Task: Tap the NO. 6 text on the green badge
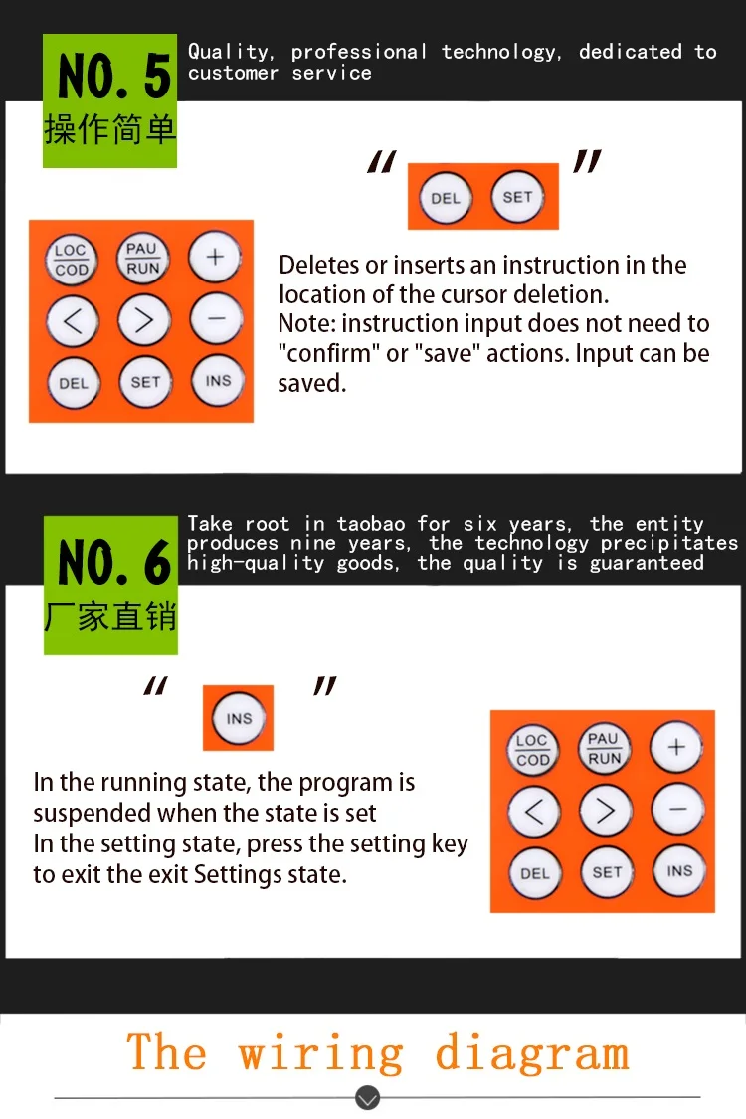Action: coord(114,562)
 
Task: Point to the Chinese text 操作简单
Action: coord(110,129)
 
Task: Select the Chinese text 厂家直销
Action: coord(110,616)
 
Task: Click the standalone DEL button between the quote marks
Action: coord(446,198)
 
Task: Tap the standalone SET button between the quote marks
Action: coord(517,196)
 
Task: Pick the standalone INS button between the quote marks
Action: coord(239,718)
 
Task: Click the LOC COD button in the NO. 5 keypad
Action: coord(72,259)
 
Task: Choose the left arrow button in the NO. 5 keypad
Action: coord(73,321)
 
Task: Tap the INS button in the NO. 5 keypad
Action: coord(218,380)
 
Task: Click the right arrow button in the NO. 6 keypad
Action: coord(606,811)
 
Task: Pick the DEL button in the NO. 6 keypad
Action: coord(535,873)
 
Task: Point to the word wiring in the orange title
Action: coord(320,1053)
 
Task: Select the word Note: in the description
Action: coord(307,324)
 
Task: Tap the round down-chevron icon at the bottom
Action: coord(368,1097)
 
